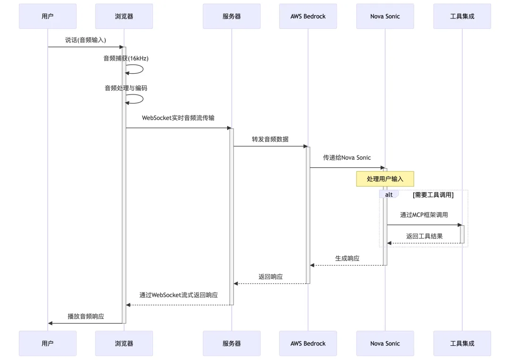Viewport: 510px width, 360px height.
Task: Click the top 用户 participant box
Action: (48, 16)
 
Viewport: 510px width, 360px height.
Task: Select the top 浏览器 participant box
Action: (124, 16)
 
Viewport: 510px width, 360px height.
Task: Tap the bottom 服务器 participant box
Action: (231, 343)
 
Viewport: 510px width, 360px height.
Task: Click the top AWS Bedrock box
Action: (308, 16)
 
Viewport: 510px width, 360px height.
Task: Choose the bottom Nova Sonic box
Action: (385, 343)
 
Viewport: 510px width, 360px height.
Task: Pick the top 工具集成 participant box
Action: (462, 16)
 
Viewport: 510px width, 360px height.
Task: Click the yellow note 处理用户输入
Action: (385, 179)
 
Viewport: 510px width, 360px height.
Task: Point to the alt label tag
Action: (389, 195)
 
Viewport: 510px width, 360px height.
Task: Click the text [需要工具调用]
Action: (433, 195)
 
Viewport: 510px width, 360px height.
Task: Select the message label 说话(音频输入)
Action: (85, 40)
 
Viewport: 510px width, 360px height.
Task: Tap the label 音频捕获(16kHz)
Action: (126, 59)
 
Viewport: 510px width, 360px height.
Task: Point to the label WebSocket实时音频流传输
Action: (178, 118)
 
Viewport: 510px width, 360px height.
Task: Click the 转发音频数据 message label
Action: (270, 139)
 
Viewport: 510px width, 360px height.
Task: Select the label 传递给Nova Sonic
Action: (347, 157)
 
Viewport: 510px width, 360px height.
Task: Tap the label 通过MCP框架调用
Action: (424, 215)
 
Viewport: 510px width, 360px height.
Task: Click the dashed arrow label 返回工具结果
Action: (424, 236)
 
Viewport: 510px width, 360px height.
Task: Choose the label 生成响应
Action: (347, 258)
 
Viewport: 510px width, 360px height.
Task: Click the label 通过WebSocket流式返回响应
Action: (178, 295)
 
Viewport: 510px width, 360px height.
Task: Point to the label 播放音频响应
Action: (85, 317)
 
